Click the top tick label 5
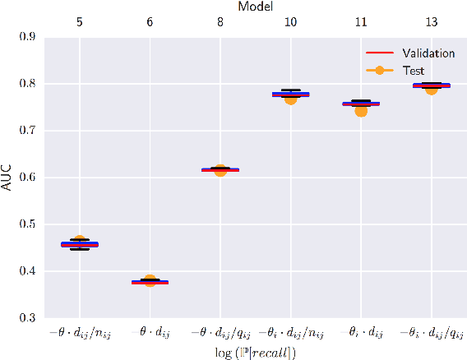80,22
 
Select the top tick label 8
220,22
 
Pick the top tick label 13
432,22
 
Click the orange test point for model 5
80,242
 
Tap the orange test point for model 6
150,281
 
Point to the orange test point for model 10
290,98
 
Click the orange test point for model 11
361,110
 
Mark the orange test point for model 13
432,88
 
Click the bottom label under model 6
150,333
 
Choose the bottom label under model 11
361,333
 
